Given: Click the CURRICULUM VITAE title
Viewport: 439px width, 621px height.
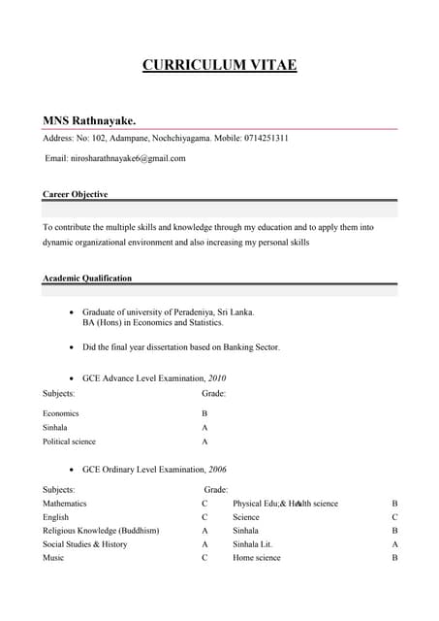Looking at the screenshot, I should pyautogui.click(x=219, y=66).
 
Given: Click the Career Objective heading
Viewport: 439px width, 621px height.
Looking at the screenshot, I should pyautogui.click(x=76, y=194).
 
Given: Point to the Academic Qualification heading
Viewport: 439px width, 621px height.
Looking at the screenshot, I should pyautogui.click(x=87, y=278).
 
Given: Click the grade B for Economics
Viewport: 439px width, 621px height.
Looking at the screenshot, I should pyautogui.click(x=204, y=413).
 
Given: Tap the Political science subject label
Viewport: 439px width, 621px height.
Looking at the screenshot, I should pyautogui.click(x=69, y=441).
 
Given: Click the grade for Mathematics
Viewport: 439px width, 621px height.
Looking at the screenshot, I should pyautogui.click(x=204, y=504).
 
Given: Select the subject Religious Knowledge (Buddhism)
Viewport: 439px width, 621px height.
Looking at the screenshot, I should pyautogui.click(x=101, y=531).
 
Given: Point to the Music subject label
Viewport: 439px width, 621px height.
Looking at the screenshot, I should pyautogui.click(x=54, y=558).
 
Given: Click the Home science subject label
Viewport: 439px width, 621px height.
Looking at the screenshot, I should pyautogui.click(x=257, y=558).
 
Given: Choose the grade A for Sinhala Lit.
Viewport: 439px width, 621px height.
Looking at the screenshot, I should pyautogui.click(x=394, y=544).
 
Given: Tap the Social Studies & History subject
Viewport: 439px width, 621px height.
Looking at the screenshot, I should pyautogui.click(x=85, y=544).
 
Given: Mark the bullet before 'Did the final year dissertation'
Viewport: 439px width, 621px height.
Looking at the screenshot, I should pyautogui.click(x=72, y=346).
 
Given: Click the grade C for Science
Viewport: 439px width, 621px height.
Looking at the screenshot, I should pyautogui.click(x=394, y=517).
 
